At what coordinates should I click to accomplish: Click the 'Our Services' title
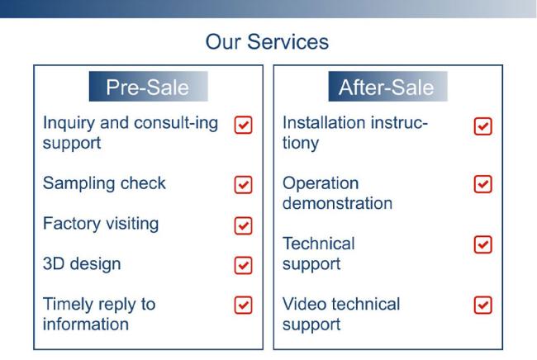(x=267, y=42)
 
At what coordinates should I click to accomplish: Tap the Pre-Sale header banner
(x=148, y=86)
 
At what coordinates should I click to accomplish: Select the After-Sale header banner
(x=387, y=86)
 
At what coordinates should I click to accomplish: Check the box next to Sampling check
(x=243, y=185)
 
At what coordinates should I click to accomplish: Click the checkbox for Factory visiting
(x=243, y=225)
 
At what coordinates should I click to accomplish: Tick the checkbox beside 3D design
(x=243, y=265)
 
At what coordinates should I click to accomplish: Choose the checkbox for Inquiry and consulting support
(x=243, y=125)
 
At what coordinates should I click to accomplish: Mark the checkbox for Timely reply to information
(x=243, y=305)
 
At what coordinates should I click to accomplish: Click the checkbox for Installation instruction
(x=483, y=126)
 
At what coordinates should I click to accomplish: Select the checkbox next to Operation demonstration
(x=483, y=184)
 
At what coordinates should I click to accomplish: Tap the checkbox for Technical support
(x=483, y=244)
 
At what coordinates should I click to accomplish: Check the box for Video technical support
(x=483, y=305)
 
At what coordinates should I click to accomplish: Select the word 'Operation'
(x=321, y=184)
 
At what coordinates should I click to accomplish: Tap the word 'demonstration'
(x=337, y=203)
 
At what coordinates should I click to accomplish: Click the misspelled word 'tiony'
(x=301, y=144)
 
